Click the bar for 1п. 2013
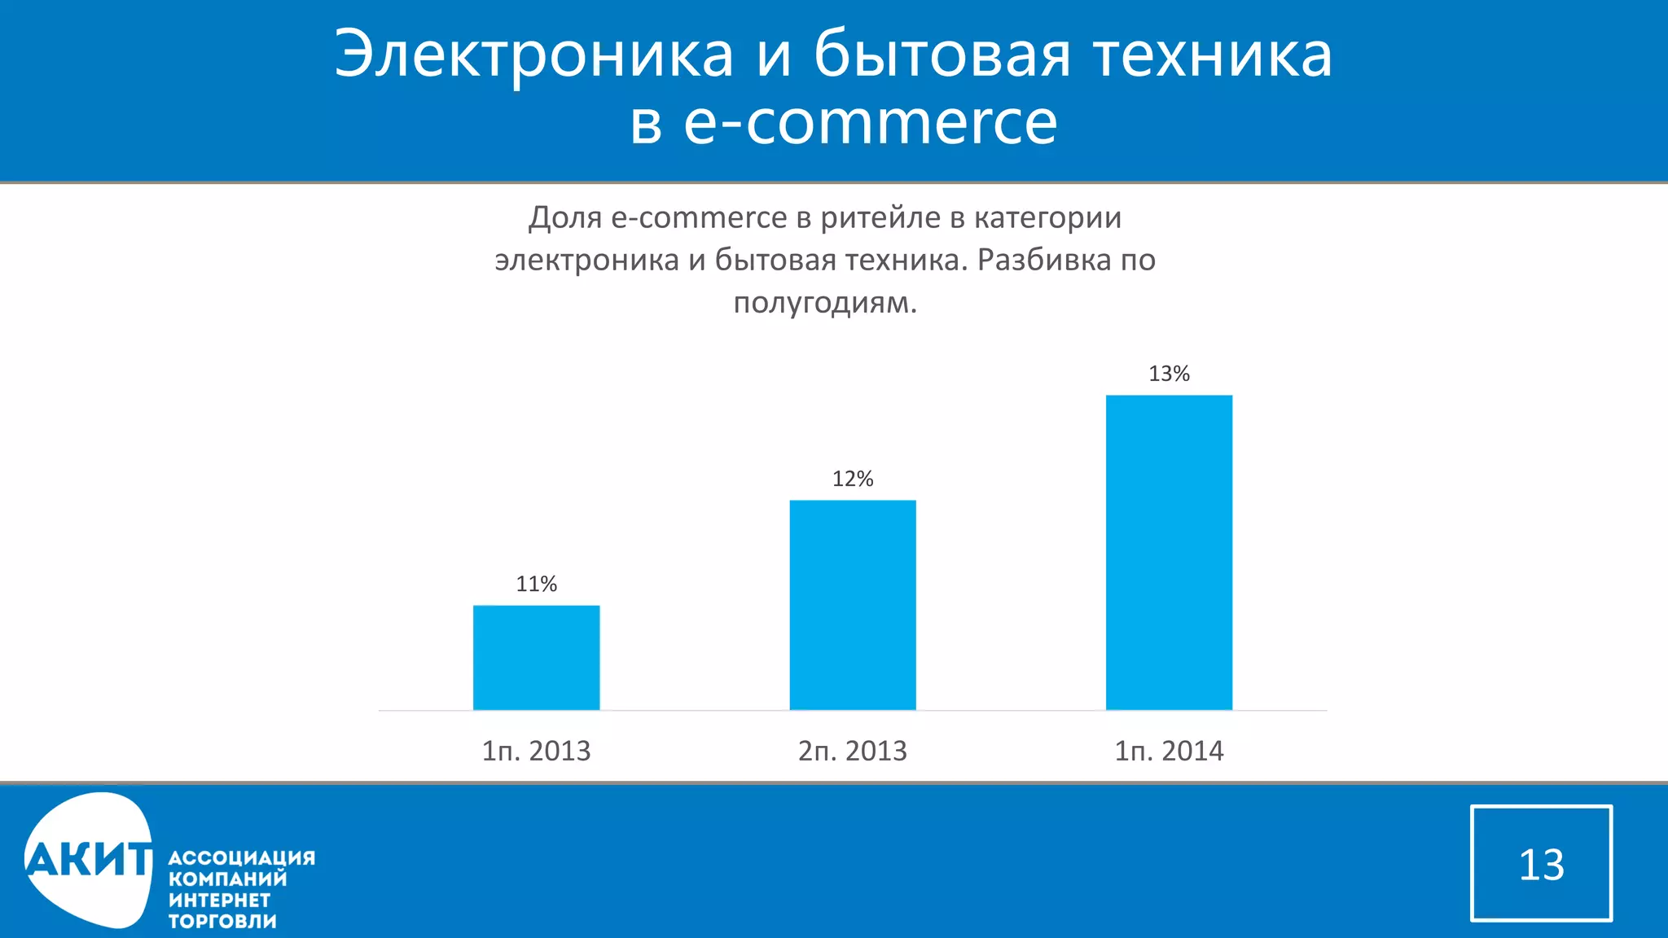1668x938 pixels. tap(536, 657)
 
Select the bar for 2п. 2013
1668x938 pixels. tap(852, 605)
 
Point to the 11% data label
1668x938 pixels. tap(536, 584)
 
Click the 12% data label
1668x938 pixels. tap(852, 479)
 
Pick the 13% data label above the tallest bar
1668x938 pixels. tap(1169, 374)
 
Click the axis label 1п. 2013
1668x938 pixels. tap(536, 751)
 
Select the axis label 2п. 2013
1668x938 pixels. tap(852, 751)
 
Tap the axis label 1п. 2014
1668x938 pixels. tap(1169, 751)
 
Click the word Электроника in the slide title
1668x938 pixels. tap(533, 55)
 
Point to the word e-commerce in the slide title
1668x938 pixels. tap(870, 124)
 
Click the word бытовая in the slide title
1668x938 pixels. tap(942, 55)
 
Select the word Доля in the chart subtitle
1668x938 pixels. tap(564, 218)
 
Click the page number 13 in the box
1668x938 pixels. tap(1541, 864)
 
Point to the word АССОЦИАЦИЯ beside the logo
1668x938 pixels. tap(241, 857)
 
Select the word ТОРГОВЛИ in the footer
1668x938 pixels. tap(222, 921)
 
